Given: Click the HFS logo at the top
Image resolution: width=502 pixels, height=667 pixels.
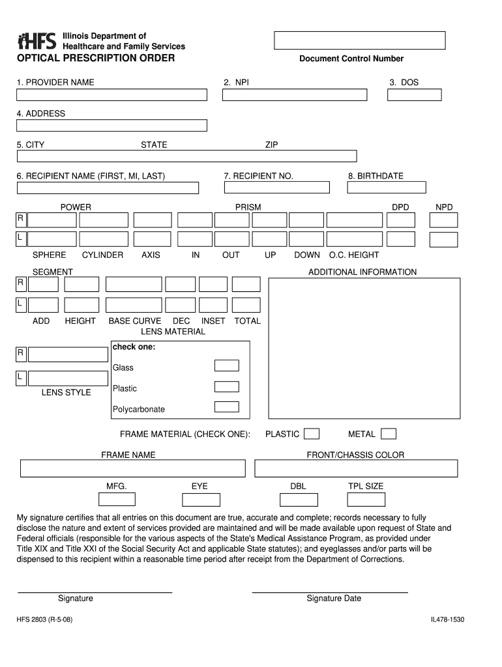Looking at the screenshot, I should click(38, 40).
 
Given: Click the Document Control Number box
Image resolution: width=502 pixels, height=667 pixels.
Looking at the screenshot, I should click(359, 40).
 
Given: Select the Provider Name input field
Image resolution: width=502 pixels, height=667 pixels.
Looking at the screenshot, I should click(111, 95).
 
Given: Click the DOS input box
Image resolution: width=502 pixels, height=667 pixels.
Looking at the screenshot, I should click(414, 95).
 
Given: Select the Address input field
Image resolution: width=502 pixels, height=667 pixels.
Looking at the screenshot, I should click(111, 126).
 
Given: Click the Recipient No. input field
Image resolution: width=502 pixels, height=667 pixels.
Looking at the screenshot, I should click(276, 188).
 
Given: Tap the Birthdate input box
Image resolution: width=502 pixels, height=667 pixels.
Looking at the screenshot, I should click(386, 188).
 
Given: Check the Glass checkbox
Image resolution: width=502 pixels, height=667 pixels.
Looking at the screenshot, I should click(227, 365).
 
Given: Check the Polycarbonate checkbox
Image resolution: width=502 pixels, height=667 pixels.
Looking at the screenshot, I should click(227, 407).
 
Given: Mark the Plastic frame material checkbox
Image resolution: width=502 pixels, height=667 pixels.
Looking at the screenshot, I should click(312, 434).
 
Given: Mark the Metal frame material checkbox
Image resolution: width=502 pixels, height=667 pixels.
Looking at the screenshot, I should click(389, 434).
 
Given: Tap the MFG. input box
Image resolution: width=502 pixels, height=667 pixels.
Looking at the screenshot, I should click(117, 500).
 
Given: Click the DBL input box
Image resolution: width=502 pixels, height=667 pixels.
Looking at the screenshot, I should click(299, 500).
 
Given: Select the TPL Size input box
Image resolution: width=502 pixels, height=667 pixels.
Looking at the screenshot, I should click(366, 500).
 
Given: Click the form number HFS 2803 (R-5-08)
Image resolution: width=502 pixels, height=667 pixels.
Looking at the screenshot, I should click(45, 621).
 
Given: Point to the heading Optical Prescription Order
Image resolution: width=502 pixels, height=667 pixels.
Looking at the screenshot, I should click(96, 59).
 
